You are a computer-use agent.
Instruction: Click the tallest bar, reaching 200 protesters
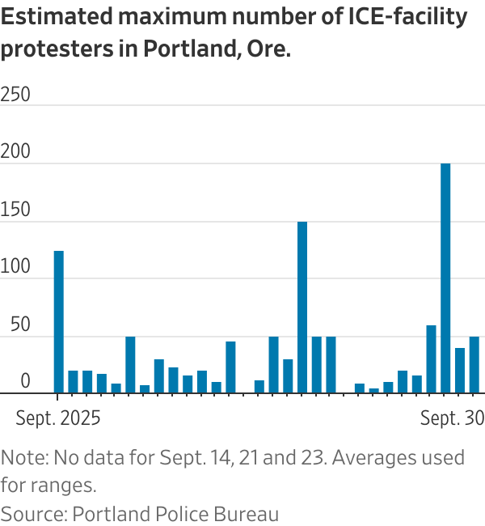(x=445, y=278)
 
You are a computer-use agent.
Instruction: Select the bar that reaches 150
(x=302, y=308)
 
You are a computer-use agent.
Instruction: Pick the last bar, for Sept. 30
(x=474, y=365)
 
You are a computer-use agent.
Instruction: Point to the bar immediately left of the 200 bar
(x=431, y=359)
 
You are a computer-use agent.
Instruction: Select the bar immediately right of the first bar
(x=73, y=382)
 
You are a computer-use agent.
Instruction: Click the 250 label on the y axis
(x=15, y=95)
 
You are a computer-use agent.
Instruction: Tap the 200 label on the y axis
(x=15, y=152)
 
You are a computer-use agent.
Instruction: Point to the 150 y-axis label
(x=15, y=210)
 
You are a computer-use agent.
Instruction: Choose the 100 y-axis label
(x=15, y=267)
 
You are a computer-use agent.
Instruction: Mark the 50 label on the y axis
(x=15, y=325)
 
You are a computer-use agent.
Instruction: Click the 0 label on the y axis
(x=25, y=382)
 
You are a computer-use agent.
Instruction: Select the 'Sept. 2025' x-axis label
(x=58, y=418)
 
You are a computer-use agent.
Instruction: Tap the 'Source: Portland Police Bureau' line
(x=140, y=513)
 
